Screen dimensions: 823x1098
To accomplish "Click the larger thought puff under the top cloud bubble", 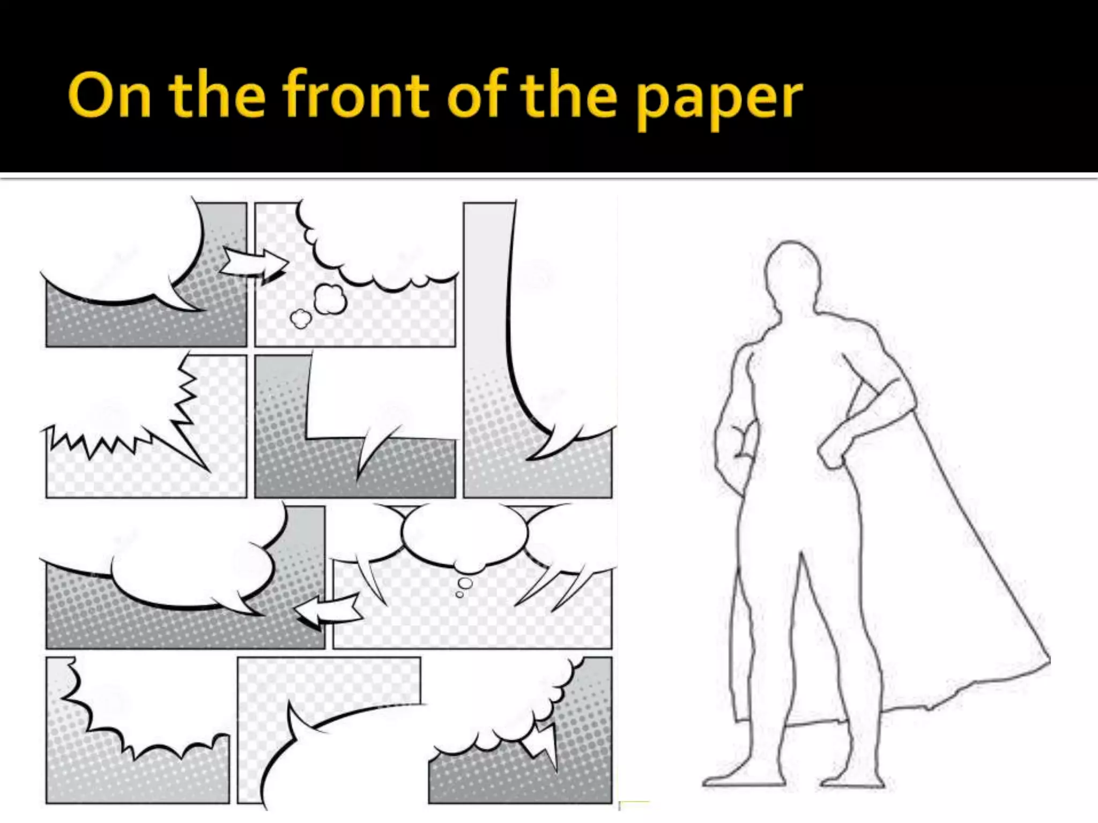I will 330,300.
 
